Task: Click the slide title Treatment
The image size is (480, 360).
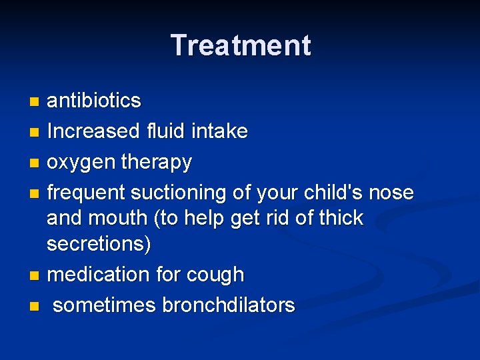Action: [x=240, y=45]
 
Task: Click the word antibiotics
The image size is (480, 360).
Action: [x=94, y=101]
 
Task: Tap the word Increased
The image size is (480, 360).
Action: [x=93, y=131]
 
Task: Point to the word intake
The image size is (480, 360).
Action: [x=219, y=131]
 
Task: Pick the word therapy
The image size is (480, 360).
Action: [x=158, y=162]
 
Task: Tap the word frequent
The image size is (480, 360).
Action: [x=87, y=193]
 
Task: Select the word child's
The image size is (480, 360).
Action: [x=329, y=193]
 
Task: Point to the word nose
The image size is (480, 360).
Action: [x=391, y=193]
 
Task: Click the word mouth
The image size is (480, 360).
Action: [x=127, y=218]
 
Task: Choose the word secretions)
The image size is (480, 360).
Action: [x=99, y=244]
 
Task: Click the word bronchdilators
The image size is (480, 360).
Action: [x=229, y=305]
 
